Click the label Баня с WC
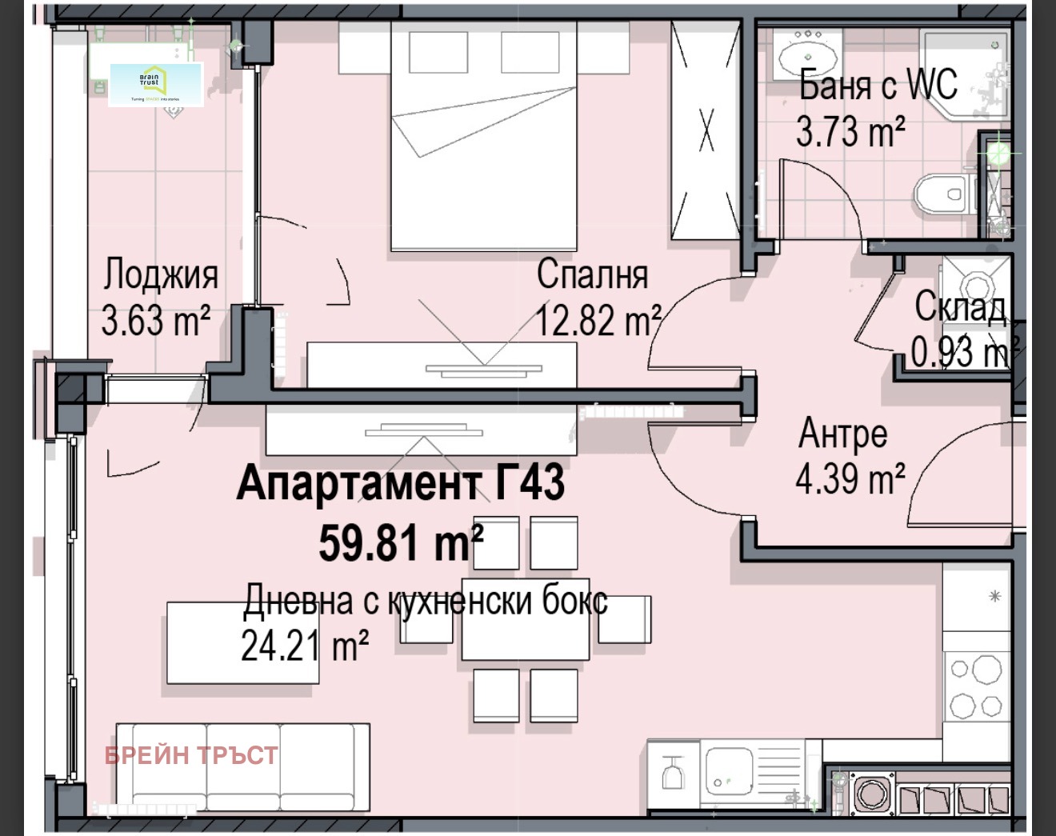point(878,84)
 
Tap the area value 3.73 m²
point(850,132)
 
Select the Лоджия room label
point(160,274)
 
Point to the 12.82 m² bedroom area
point(598,321)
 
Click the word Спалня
point(592,274)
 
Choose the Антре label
point(842,434)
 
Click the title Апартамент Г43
point(401,484)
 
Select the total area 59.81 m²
point(401,543)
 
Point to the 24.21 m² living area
point(305,646)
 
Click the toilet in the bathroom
point(942,194)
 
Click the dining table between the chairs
point(525,620)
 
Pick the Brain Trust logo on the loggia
point(156,84)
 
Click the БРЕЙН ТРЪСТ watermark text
point(191,755)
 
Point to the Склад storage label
point(960,307)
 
